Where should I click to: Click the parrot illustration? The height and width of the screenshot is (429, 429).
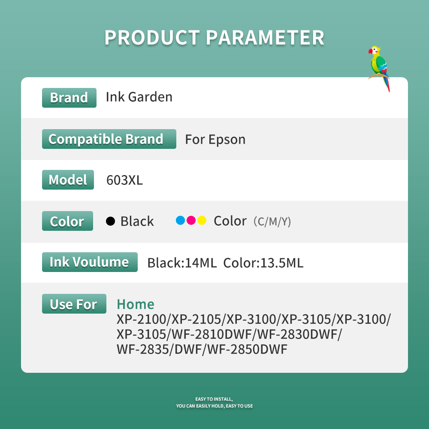pyautogui.click(x=379, y=68)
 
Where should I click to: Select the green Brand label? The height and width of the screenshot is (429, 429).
pyautogui.click(x=69, y=97)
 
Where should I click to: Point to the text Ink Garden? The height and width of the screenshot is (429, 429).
pyautogui.click(x=139, y=97)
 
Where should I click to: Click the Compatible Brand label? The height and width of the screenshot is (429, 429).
pyautogui.click(x=109, y=139)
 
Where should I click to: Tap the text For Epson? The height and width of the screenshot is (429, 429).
pyautogui.click(x=215, y=139)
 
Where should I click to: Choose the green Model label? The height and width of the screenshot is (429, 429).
pyautogui.click(x=68, y=180)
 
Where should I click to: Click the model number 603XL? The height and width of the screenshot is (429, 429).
pyautogui.click(x=124, y=180)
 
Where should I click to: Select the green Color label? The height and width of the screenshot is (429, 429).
pyautogui.click(x=67, y=221)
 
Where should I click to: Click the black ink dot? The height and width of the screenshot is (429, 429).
pyautogui.click(x=111, y=221)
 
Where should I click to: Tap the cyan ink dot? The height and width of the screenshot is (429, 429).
pyautogui.click(x=180, y=221)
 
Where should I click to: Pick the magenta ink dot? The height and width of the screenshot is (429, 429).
pyautogui.click(x=191, y=221)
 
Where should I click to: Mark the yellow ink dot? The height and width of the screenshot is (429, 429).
pyautogui.click(x=202, y=221)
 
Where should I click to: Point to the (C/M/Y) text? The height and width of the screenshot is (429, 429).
pyautogui.click(x=272, y=222)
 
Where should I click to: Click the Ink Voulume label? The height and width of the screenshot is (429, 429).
pyautogui.click(x=90, y=262)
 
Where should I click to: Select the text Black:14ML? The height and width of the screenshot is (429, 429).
pyautogui.click(x=182, y=263)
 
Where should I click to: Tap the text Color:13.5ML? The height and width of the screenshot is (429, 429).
pyautogui.click(x=263, y=263)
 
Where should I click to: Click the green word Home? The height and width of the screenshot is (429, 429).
pyautogui.click(x=135, y=304)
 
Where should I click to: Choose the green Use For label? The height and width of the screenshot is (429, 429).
pyautogui.click(x=74, y=304)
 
